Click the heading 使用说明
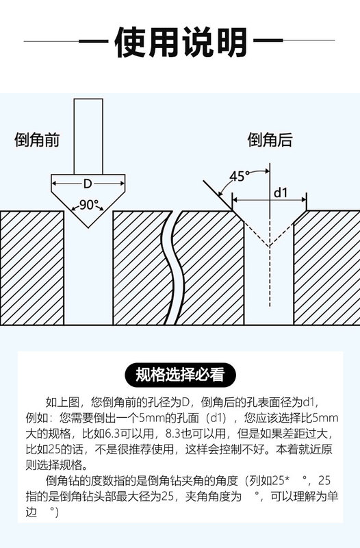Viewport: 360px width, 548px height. tap(181, 42)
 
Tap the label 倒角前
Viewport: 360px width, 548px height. tap(37, 140)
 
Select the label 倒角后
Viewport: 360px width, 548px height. tap(270, 140)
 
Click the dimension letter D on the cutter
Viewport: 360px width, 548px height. tap(88, 183)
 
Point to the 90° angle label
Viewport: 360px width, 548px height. tap(88, 204)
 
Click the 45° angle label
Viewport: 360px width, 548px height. tap(239, 177)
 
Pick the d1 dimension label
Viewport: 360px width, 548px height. tap(281, 192)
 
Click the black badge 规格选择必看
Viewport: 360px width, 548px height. tap(180, 375)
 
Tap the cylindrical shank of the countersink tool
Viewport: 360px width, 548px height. tap(88, 136)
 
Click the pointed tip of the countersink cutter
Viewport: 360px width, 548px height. tap(88, 227)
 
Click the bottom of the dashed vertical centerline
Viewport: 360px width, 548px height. tap(269, 306)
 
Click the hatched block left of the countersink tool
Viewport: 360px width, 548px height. tap(32, 268)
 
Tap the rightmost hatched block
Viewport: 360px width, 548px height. tap(327, 268)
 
